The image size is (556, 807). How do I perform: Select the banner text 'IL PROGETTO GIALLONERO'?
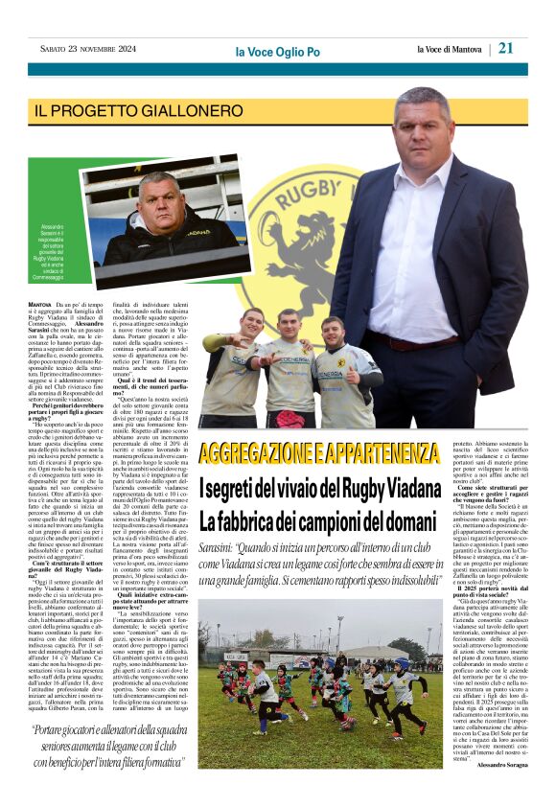click(x=139, y=110)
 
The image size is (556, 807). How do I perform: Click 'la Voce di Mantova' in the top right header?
click(x=450, y=49)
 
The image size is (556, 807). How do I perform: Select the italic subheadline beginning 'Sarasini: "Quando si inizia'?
click(x=317, y=572)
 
